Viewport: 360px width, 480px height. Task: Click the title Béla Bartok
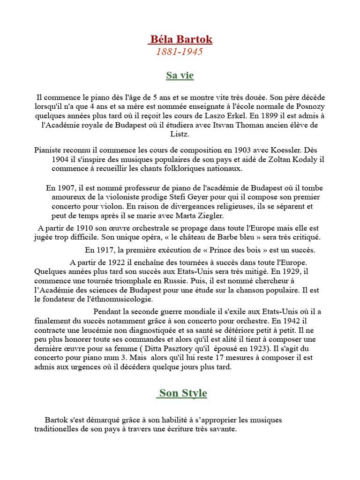tap(180, 39)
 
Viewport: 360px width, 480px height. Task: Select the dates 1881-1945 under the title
tap(180, 52)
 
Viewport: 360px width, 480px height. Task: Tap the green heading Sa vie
tap(180, 75)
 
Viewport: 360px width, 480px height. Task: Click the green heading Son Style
tap(182, 393)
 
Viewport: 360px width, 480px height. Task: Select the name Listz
tap(180, 134)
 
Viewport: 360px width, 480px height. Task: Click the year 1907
tap(66, 188)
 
